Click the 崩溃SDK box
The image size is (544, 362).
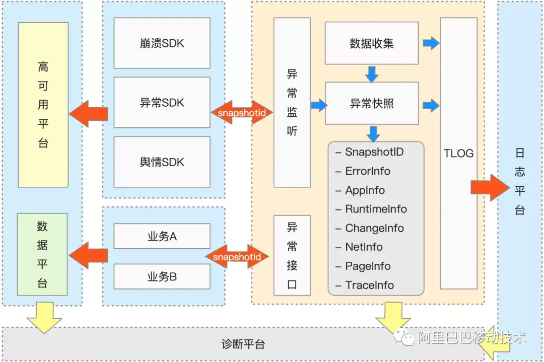(162, 43)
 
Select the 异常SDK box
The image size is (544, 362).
(162, 103)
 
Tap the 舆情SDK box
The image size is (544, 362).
(162, 162)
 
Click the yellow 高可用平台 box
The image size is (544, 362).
(43, 105)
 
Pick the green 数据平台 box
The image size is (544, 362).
(42, 254)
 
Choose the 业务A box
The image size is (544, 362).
(162, 236)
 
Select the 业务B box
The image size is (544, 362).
(162, 276)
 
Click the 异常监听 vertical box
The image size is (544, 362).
(292, 103)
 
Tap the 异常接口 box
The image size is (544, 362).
(292, 255)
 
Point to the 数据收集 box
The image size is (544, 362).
(372, 43)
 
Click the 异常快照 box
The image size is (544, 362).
(372, 103)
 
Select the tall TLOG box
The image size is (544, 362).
(458, 153)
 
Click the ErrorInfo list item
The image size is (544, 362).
(367, 171)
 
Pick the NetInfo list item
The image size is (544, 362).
(364, 247)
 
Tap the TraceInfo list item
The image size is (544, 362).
(369, 285)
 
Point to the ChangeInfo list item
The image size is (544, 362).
(374, 228)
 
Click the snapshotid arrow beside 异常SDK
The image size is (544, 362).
(242, 112)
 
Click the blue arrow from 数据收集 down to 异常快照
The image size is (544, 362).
(372, 74)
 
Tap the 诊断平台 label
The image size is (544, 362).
(243, 345)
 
